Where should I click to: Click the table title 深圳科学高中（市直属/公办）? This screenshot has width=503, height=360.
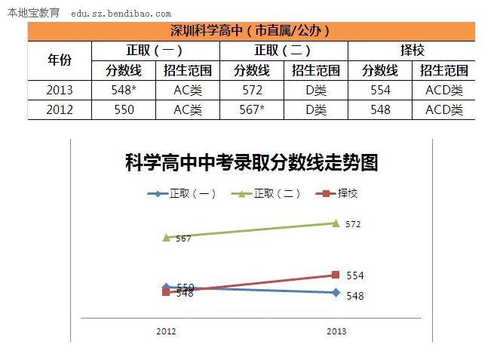pyautogui.click(x=250, y=31)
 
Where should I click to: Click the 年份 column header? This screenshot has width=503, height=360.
pyautogui.click(x=59, y=60)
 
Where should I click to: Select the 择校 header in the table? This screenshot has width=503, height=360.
pyautogui.click(x=411, y=51)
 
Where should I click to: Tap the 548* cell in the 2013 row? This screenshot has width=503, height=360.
pyautogui.click(x=123, y=90)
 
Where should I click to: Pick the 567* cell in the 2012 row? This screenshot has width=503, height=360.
pyautogui.click(x=251, y=109)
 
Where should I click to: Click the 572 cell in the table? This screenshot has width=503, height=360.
pyautogui.click(x=251, y=90)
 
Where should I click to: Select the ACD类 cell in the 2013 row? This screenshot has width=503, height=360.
pyautogui.click(x=443, y=90)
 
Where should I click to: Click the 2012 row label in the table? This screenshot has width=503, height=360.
pyautogui.click(x=59, y=109)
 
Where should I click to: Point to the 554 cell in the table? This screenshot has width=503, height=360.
pyautogui.click(x=379, y=90)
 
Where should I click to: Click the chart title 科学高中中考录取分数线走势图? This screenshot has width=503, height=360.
pyautogui.click(x=251, y=162)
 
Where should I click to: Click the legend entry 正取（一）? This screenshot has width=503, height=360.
pyautogui.click(x=181, y=193)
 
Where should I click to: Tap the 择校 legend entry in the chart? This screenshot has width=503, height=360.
pyautogui.click(x=339, y=193)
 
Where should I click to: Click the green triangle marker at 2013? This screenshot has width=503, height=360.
pyautogui.click(x=336, y=223)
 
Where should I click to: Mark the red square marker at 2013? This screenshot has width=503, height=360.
pyautogui.click(x=336, y=275)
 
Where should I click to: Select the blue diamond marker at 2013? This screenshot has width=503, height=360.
pyautogui.click(x=336, y=293)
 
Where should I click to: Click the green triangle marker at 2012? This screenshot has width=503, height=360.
pyautogui.click(x=166, y=237)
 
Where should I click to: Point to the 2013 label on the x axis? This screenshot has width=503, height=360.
pyautogui.click(x=336, y=331)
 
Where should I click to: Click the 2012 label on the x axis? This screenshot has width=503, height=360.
pyautogui.click(x=166, y=331)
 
